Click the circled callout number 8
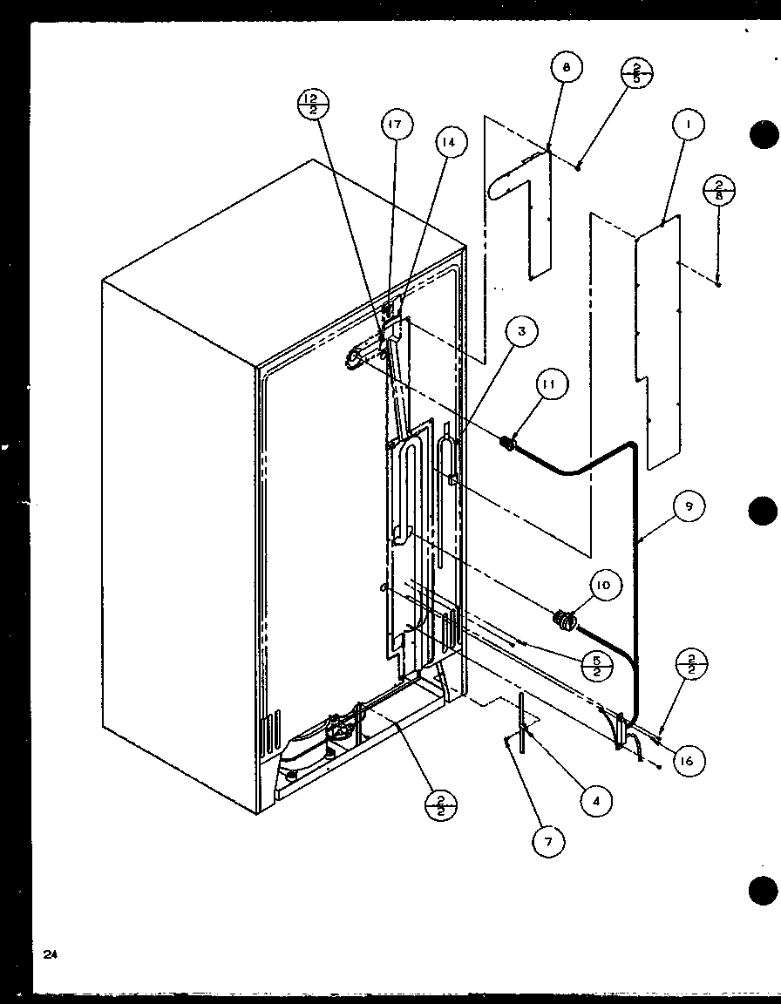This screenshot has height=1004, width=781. pos(567,68)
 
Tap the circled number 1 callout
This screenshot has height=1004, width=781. pos(688,125)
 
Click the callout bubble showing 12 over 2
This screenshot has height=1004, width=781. pos(312,105)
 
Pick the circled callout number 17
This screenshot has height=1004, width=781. pos(395,125)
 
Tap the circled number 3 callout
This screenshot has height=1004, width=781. pos(521,331)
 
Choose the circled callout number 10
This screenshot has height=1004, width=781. pos(604,586)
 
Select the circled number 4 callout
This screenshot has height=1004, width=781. pos(596,800)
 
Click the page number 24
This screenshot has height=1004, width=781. pos(50,955)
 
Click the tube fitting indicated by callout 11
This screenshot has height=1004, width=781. pos(505,445)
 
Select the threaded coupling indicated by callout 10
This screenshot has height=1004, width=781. pos(565,621)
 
